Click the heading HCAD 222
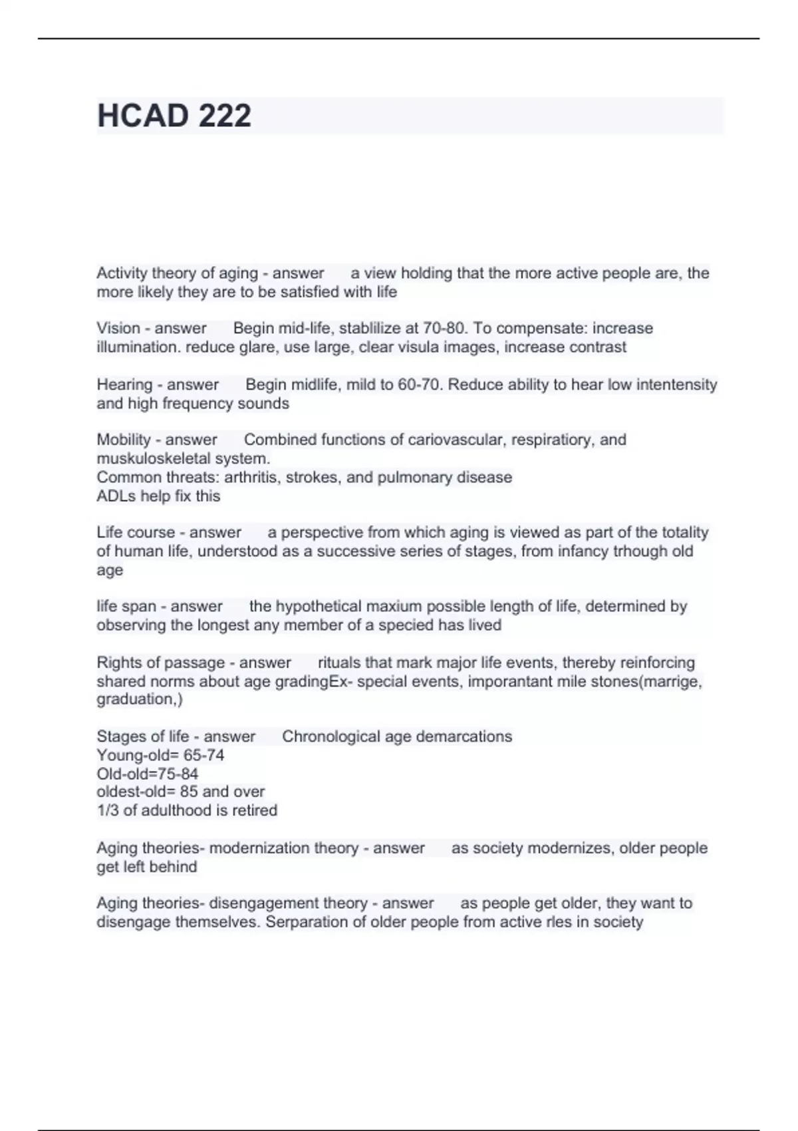pyautogui.click(x=174, y=116)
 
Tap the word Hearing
pyautogui.click(x=124, y=385)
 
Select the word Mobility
pyautogui.click(x=124, y=440)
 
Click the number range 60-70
pyautogui.click(x=420, y=385)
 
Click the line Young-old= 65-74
pyautogui.click(x=160, y=755)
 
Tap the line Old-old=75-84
pyautogui.click(x=148, y=774)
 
